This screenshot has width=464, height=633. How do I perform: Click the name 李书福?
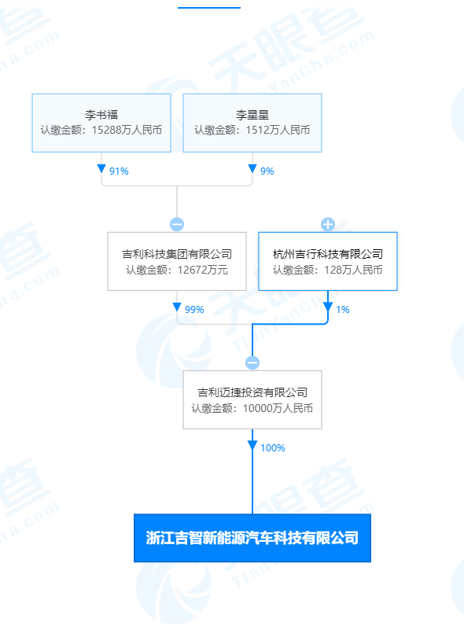pos(101,115)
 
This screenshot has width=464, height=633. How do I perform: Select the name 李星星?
pos(252,115)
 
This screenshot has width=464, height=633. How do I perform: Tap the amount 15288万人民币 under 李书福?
pos(127,130)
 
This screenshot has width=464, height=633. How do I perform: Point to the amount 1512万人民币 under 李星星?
pos(278,130)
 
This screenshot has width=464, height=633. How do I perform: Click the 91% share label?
pos(119,171)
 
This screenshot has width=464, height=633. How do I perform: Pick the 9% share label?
pos(267,171)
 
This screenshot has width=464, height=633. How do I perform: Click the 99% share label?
pos(194,310)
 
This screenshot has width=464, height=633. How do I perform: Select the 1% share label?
pos(342,310)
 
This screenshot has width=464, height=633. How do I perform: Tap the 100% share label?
pos(273,448)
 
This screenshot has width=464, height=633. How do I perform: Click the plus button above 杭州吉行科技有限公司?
pos(328,224)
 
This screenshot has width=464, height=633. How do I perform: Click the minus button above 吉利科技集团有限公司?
pos(177,224)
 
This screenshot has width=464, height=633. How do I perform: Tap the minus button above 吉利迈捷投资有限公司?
pos(252,363)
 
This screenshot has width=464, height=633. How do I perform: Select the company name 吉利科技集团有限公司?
pos(177,254)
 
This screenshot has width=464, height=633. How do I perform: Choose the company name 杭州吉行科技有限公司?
pos(328,254)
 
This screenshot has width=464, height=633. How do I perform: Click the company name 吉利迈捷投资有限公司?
pos(252,392)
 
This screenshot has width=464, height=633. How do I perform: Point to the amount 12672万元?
pos(203,270)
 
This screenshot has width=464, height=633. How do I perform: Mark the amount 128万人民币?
pos(353,270)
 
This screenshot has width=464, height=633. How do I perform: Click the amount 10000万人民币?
pos(278,408)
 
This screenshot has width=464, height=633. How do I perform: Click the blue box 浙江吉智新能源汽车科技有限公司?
pos(252,538)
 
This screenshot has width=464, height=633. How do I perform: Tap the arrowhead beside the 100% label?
pos(252,446)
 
